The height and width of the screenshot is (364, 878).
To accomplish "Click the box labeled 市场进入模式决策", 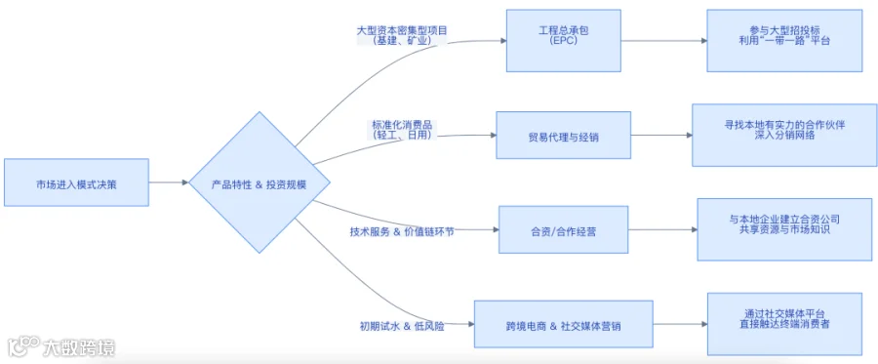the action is pyautogui.click(x=76, y=182).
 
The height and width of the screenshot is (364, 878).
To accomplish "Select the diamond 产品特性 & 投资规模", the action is pyautogui.click(x=259, y=182).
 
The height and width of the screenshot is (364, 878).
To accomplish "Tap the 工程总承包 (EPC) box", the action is pyautogui.click(x=563, y=40).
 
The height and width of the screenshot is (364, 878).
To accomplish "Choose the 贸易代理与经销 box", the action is pyautogui.click(x=563, y=135).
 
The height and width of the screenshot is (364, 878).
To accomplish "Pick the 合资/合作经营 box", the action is pyautogui.click(x=563, y=229).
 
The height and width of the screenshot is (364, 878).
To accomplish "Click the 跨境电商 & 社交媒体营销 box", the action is pyautogui.click(x=563, y=324).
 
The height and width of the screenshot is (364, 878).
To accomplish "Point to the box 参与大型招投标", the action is pyautogui.click(x=784, y=40).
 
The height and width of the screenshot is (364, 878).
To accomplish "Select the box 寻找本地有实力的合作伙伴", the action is pyautogui.click(x=784, y=135).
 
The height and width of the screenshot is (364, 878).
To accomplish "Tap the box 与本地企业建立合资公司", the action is pyautogui.click(x=784, y=229).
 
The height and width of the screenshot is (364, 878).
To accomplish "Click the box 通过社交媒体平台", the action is pyautogui.click(x=784, y=324).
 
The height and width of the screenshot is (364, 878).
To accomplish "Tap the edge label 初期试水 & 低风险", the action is pyautogui.click(x=402, y=326).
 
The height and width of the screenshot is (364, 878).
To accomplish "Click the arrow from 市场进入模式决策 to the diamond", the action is pyautogui.click(x=169, y=182).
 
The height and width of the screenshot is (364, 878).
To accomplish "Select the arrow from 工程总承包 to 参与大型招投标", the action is pyautogui.click(x=664, y=40).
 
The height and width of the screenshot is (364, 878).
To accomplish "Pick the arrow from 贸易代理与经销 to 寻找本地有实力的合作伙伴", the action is pyautogui.click(x=661, y=135).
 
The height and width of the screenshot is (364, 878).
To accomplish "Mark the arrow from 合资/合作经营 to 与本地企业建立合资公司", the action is pyautogui.click(x=663, y=229).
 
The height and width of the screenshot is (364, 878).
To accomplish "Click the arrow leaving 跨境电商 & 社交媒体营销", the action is pyautogui.click(x=680, y=324).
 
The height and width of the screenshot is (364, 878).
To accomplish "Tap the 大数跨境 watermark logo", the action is pyautogui.click(x=61, y=348).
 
